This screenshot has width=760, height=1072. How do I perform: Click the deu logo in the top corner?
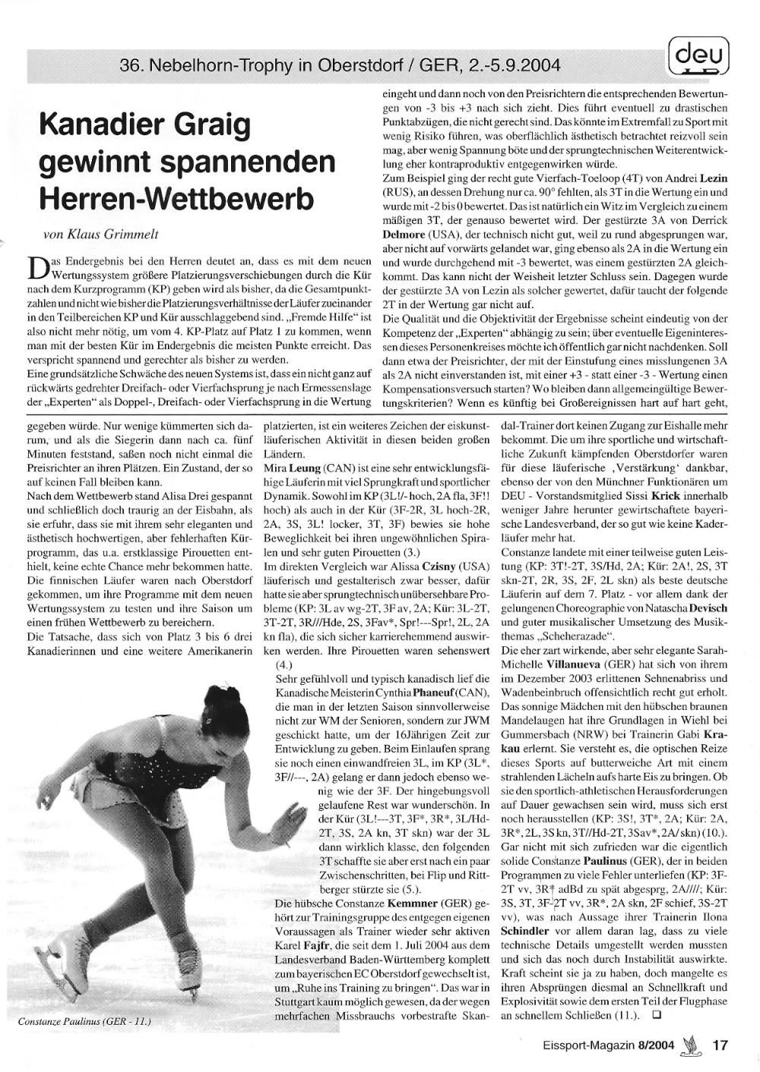coord(698,55)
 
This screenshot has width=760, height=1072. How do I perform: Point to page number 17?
coord(720,1045)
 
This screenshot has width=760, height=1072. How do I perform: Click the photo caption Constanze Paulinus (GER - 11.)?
coord(84,1022)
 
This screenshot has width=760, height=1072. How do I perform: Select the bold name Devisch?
coord(706,609)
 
